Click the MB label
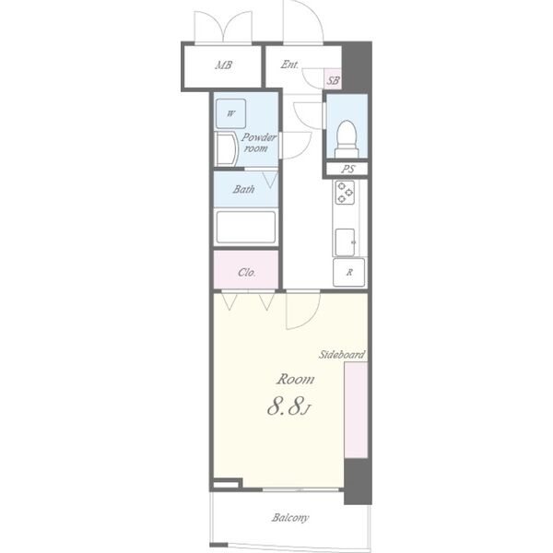(224, 65)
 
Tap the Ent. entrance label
(289, 65)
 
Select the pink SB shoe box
(333, 78)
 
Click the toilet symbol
(347, 139)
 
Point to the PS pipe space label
(347, 169)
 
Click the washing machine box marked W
(231, 113)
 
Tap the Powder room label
(258, 143)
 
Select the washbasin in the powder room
(227, 148)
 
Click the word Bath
(243, 189)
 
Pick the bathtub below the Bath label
(246, 227)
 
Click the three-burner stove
(345, 193)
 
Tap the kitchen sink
(346, 241)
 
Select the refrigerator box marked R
(348, 272)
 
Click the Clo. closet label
(246, 272)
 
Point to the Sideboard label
(342, 355)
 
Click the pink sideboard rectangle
(356, 410)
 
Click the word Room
(295, 380)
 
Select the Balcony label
(290, 518)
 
